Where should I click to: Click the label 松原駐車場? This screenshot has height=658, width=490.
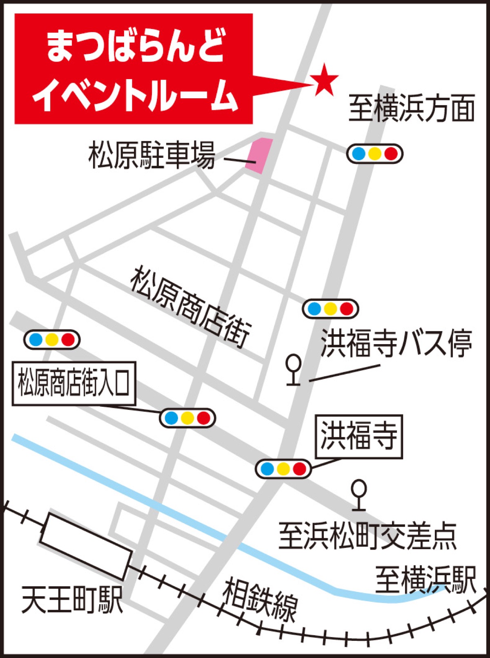[x=152, y=155]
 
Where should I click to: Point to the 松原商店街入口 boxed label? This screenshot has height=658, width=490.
[x=74, y=384]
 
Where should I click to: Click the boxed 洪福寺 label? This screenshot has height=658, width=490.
[x=359, y=437]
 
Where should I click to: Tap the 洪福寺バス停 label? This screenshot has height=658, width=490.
[x=396, y=343]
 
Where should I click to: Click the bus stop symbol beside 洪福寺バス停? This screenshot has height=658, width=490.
[x=294, y=369]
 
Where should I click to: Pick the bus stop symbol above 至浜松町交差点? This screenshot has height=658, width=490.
[x=359, y=495]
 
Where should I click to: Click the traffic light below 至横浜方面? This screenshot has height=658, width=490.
[x=375, y=154]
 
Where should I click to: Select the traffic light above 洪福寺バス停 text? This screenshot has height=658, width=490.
[x=330, y=309]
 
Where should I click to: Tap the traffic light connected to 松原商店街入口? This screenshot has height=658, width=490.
[x=187, y=418]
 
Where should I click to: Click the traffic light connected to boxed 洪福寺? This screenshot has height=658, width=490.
[x=283, y=469]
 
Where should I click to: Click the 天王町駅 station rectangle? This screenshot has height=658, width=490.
[x=86, y=546]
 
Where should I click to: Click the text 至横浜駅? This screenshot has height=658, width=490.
[x=425, y=579]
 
